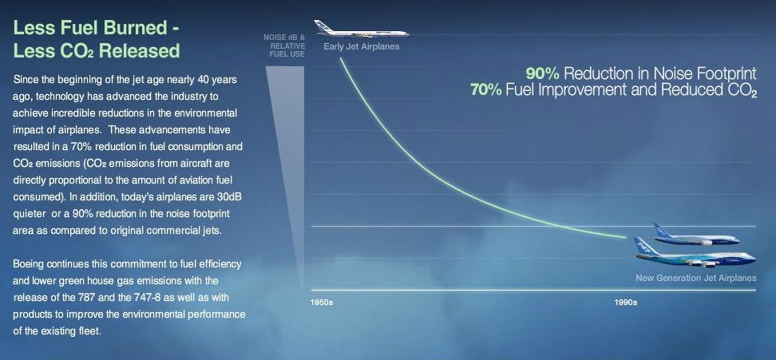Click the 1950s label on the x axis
322,303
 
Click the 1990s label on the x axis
625,303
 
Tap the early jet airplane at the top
362,30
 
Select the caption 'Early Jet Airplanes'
362,47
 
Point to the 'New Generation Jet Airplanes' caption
696,278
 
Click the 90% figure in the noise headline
542,74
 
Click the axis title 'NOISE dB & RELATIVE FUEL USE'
284,45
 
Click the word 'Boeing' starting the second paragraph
28,264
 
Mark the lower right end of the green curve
626,238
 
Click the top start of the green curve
340,58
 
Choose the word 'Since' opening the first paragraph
25,79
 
